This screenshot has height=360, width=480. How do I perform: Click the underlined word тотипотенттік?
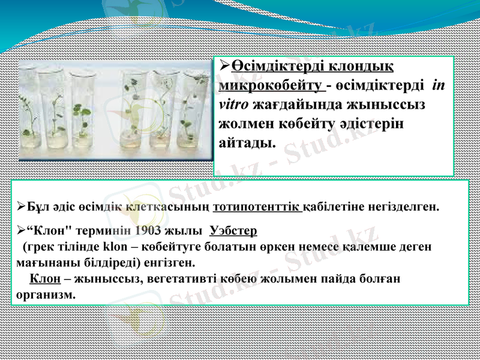[257, 208]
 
